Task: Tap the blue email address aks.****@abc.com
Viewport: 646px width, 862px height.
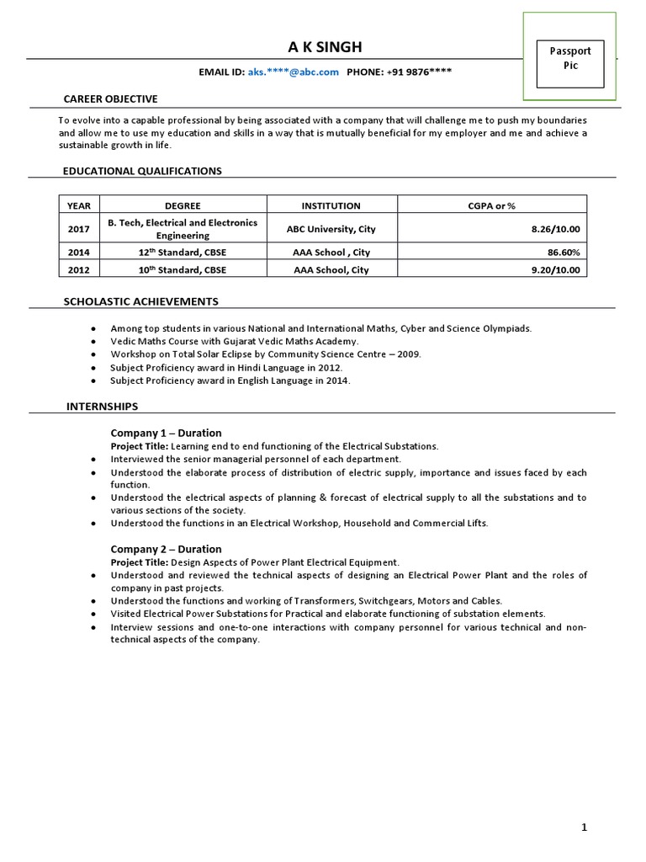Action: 294,72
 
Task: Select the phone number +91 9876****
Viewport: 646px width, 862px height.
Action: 420,72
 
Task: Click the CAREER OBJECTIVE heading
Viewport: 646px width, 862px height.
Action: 110,99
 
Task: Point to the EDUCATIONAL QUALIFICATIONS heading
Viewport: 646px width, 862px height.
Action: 142,171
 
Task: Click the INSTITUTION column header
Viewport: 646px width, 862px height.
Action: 331,205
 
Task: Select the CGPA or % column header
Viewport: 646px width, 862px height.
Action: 491,205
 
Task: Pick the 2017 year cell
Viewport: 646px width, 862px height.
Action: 78,229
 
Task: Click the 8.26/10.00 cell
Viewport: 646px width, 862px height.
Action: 555,229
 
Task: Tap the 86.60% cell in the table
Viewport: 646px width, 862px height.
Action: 562,253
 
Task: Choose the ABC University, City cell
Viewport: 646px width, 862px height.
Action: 331,229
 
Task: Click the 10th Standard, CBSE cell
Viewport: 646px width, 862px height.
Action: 183,270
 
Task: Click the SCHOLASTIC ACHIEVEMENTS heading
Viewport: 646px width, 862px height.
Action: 141,301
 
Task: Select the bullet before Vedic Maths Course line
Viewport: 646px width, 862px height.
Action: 91,342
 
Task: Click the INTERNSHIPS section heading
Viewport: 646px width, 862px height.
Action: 102,407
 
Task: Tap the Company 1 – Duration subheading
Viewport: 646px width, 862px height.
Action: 167,433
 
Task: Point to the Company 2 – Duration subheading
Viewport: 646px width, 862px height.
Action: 167,549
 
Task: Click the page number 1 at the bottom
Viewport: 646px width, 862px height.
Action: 585,827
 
